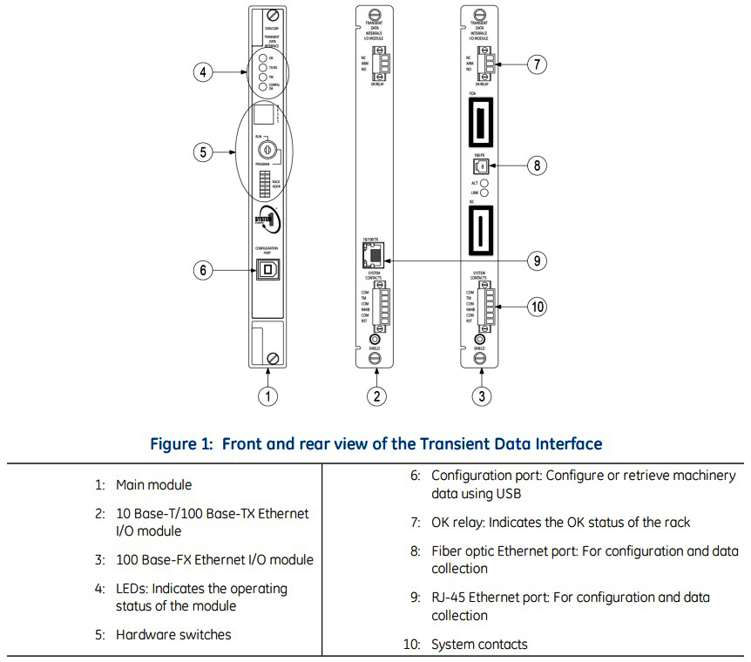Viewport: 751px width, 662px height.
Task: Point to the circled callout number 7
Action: (x=538, y=64)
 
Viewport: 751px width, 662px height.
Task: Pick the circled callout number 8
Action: (x=538, y=164)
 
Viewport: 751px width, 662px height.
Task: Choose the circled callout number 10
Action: (x=538, y=306)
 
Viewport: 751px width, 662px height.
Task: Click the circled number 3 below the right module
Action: (x=480, y=396)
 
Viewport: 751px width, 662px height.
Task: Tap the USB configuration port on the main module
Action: (x=267, y=270)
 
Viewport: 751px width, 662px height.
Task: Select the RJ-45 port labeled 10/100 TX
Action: (x=373, y=255)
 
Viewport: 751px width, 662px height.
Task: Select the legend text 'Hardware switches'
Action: (x=173, y=635)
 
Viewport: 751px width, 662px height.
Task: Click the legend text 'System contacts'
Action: (x=479, y=645)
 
